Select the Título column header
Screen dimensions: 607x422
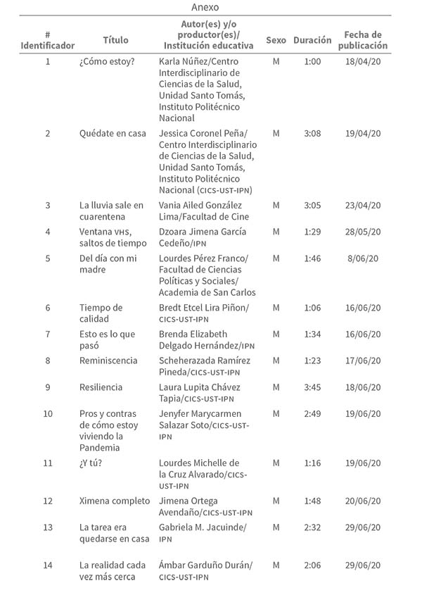tap(115, 39)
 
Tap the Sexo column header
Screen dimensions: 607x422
tap(276, 40)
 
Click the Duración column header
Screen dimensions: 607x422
tap(312, 40)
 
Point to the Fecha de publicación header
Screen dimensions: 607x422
tap(362, 40)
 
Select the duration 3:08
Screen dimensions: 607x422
tap(312, 133)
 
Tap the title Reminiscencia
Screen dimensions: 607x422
tap(108, 361)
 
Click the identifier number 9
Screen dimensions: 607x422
tap(48, 387)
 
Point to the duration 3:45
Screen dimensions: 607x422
tap(312, 387)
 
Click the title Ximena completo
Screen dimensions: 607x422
tap(115, 501)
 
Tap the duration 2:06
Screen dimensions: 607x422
tap(312, 565)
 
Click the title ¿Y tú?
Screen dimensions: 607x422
tap(91, 463)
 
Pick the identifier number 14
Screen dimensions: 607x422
tap(48, 565)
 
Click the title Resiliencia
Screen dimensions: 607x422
tap(101, 387)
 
